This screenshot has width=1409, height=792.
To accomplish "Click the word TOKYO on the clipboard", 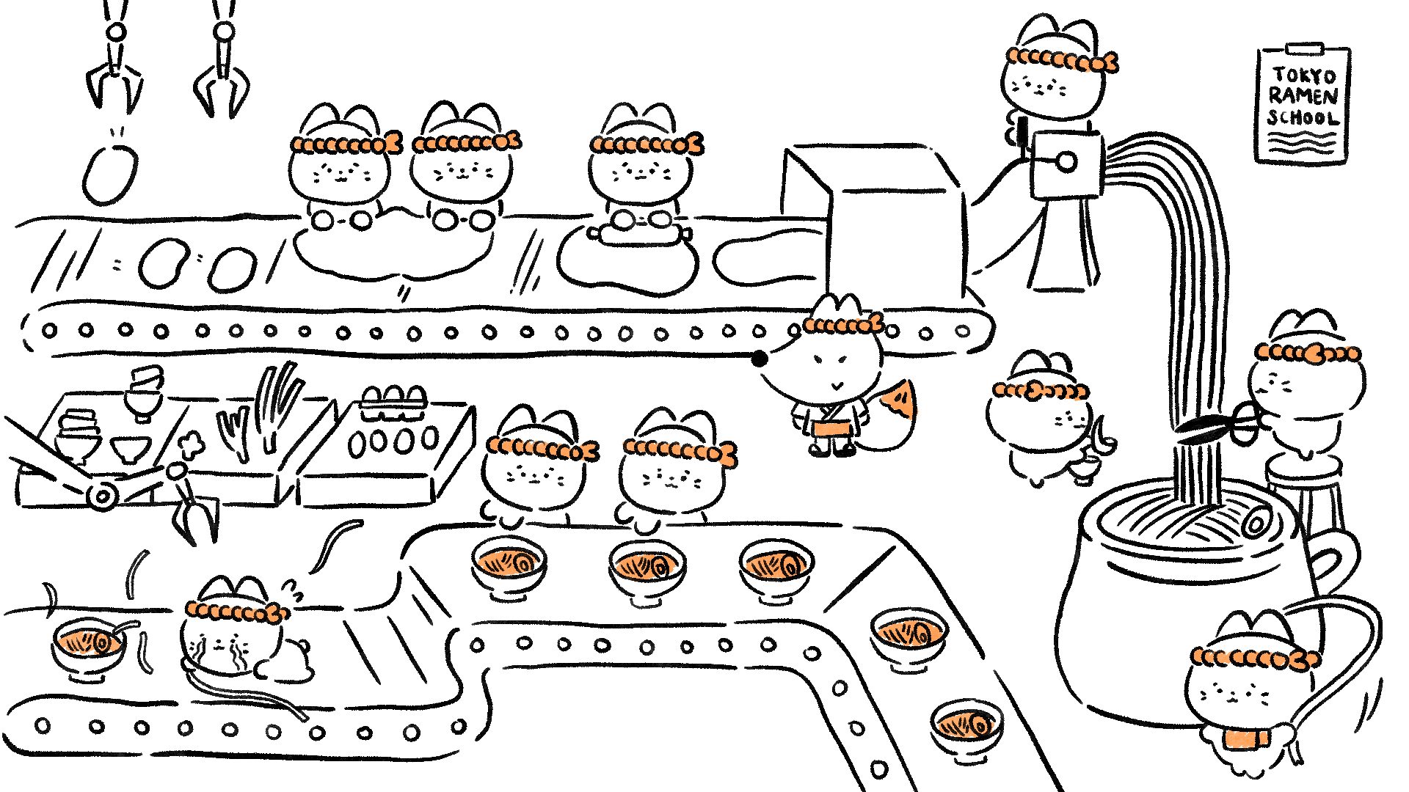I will pos(1304,76).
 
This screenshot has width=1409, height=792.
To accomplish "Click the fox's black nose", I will pos(760,359).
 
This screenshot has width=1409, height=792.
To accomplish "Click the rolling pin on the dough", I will pos(638,232).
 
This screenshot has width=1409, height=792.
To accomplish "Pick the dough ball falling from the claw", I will pos(110,175).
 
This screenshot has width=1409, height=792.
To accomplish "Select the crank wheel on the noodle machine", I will pos(1066,162).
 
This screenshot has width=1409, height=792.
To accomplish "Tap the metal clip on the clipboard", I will pos(1304,48).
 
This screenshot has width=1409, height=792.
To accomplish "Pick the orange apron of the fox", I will pos(833,428).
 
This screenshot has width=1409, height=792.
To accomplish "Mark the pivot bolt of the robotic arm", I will pos(102,496).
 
